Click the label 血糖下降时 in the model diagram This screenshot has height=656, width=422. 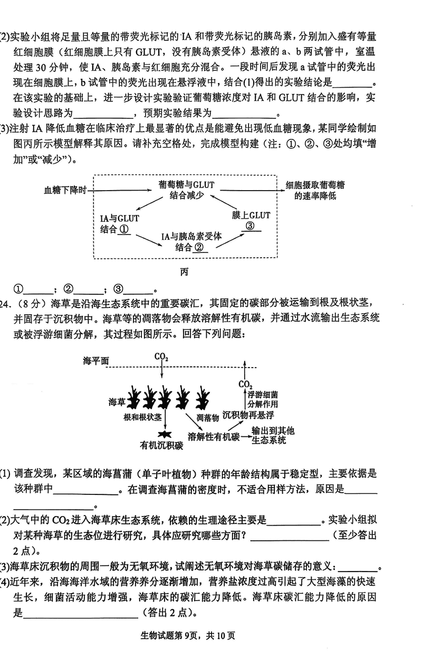[x=65, y=190]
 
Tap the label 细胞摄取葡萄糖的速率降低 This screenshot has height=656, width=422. [x=315, y=190]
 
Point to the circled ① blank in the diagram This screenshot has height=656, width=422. [x=124, y=230]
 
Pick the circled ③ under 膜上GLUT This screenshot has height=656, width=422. [x=251, y=226]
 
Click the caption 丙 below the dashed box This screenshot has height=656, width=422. [x=184, y=273]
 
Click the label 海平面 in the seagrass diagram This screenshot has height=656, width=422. [x=95, y=361]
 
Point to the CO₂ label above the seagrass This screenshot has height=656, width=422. [x=161, y=358]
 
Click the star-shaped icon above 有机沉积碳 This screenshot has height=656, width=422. [x=166, y=434]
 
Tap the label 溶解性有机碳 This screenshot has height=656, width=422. [x=214, y=437]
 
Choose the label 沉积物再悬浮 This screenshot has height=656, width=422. [x=248, y=415]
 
